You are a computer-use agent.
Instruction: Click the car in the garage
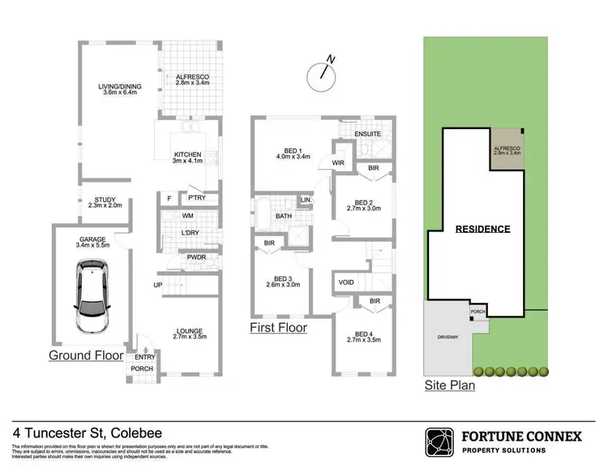(92, 298)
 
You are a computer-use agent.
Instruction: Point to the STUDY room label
(105, 201)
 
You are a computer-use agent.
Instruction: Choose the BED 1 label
(292, 152)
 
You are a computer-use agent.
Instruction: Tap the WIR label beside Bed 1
(337, 162)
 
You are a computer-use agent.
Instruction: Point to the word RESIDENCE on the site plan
(482, 229)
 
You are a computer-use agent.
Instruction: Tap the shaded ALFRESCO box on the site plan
(507, 149)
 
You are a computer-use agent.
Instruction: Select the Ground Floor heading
(86, 356)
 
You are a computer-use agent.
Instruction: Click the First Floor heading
(279, 328)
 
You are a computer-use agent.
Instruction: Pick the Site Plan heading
(450, 386)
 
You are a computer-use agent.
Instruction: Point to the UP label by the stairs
(160, 284)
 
